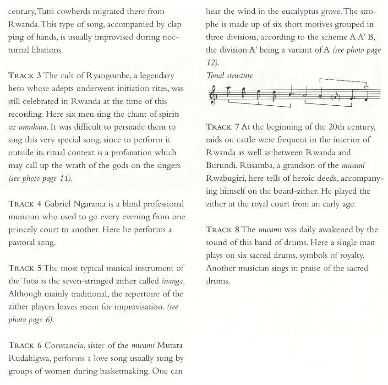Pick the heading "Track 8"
tap(223, 229)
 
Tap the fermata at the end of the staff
tap(366, 87)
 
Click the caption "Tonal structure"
tap(230, 76)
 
